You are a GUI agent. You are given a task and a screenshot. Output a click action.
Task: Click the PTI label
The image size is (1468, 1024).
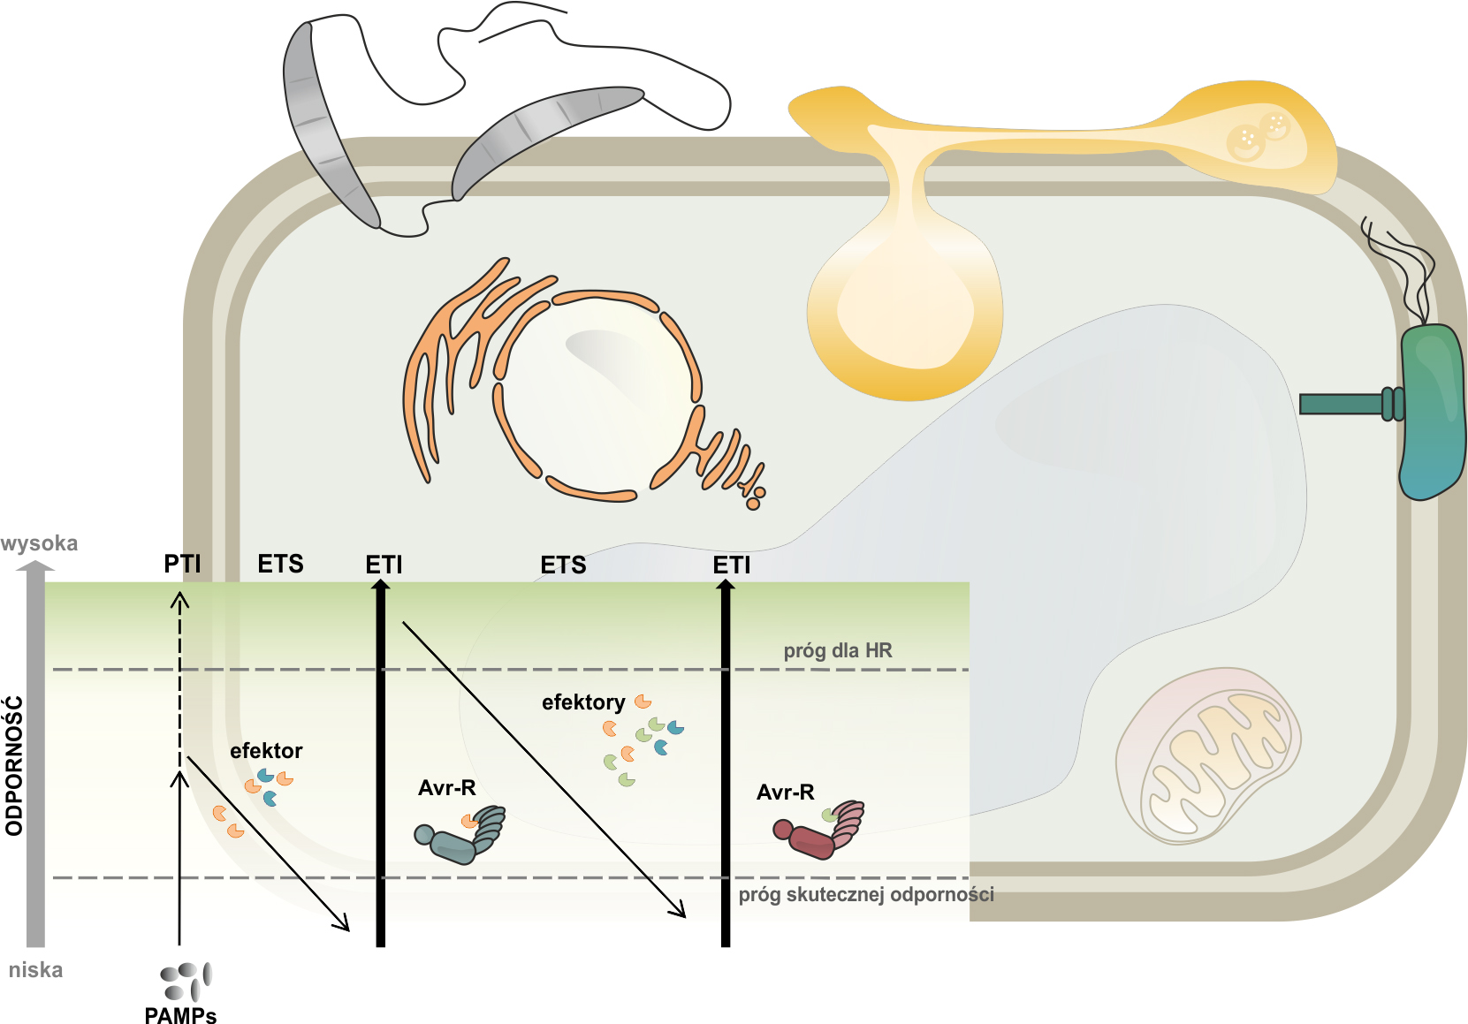(x=183, y=564)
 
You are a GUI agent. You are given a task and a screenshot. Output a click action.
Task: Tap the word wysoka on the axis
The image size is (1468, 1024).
(x=40, y=542)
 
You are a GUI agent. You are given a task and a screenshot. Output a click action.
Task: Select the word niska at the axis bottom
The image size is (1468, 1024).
(x=35, y=969)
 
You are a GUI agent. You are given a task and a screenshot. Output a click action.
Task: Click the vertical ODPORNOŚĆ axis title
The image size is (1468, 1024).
(x=13, y=766)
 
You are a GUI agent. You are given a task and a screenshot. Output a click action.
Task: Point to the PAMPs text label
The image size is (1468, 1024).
(x=180, y=1014)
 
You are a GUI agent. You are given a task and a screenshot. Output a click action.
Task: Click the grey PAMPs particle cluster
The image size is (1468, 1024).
(x=186, y=981)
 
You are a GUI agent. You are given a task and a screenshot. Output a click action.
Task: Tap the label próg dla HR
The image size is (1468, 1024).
(x=838, y=651)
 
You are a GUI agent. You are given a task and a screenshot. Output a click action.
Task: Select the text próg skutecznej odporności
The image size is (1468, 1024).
(x=866, y=894)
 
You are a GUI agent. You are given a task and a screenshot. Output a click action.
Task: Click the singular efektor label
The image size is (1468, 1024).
(x=266, y=751)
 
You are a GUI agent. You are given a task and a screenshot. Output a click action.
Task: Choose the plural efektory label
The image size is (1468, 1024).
(x=583, y=702)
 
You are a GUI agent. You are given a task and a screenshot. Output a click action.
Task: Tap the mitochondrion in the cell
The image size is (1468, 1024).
(x=1207, y=755)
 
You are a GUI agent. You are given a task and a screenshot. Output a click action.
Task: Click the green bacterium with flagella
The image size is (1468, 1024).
(x=1432, y=411)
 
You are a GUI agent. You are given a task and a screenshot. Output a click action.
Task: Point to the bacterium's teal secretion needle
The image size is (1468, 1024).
(x=1343, y=404)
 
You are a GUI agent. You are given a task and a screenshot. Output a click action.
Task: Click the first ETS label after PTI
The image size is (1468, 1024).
(x=280, y=564)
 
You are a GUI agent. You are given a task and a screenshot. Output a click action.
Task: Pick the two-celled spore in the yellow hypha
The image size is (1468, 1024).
(x=1259, y=134)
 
